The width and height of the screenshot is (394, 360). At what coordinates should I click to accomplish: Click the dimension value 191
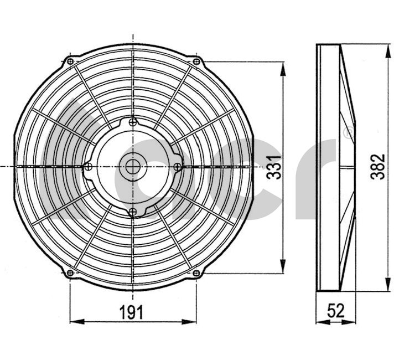(131, 312)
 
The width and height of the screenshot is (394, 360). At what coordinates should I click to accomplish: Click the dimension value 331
(273, 167)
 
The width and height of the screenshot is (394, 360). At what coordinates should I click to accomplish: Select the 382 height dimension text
(377, 167)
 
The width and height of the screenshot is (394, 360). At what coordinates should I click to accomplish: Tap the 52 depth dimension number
(336, 311)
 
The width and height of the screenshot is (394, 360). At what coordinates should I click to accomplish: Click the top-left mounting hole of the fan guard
(70, 61)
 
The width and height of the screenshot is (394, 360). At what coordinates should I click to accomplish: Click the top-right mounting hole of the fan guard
(196, 61)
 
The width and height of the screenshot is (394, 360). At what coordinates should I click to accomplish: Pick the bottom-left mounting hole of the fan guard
(70, 272)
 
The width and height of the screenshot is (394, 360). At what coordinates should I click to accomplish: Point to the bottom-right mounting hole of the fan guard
(196, 272)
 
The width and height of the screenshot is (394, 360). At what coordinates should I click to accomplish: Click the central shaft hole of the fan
(133, 167)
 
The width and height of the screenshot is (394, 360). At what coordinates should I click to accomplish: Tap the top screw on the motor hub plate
(133, 122)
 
